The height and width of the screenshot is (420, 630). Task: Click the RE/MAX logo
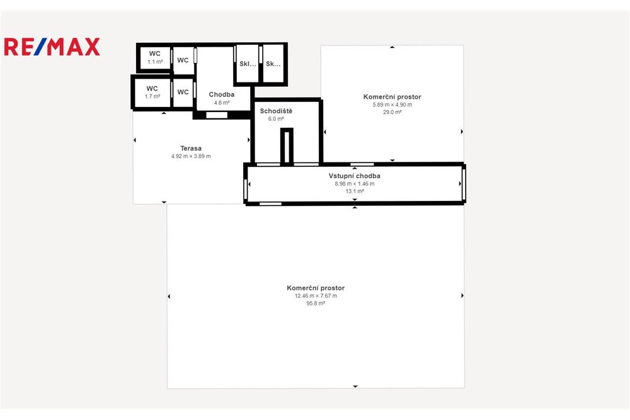click(x=52, y=47)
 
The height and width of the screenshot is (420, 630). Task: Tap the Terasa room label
click(x=190, y=148)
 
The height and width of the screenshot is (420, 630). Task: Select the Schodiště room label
click(x=277, y=111)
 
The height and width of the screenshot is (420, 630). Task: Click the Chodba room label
click(x=222, y=94)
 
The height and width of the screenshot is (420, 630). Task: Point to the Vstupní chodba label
click(x=354, y=176)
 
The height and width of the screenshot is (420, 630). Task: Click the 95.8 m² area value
click(x=315, y=304)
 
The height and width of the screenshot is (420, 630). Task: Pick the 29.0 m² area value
click(x=392, y=112)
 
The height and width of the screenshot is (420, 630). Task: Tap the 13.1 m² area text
click(x=354, y=191)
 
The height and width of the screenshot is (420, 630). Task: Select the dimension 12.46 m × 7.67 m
click(x=315, y=296)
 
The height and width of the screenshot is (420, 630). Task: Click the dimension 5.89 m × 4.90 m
click(x=392, y=105)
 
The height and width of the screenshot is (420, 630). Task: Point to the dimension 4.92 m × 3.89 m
click(x=190, y=156)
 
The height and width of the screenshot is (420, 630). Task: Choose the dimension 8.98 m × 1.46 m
click(x=354, y=184)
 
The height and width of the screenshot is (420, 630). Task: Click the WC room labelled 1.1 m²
click(x=154, y=57)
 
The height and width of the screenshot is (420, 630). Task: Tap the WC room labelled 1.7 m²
click(x=152, y=92)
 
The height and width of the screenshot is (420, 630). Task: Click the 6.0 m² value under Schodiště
click(x=277, y=118)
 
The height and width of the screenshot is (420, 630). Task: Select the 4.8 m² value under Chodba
click(x=222, y=102)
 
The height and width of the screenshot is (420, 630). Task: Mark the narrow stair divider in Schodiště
click(x=287, y=146)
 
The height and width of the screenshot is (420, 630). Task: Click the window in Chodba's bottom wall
click(x=217, y=115)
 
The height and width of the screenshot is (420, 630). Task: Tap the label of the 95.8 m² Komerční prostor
click(x=315, y=288)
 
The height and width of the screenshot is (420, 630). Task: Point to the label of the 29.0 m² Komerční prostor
click(x=392, y=97)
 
